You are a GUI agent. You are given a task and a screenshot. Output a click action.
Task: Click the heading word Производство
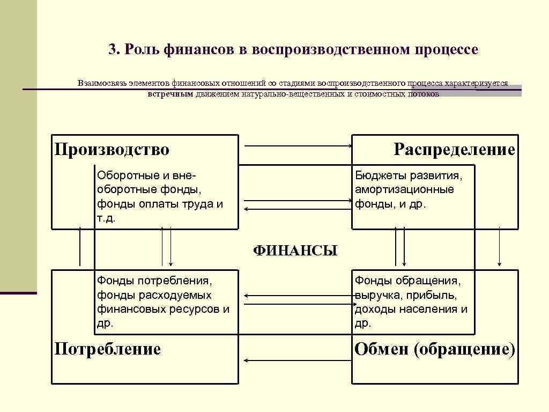click(x=112, y=149)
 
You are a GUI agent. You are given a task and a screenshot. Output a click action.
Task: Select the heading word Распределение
click(x=454, y=149)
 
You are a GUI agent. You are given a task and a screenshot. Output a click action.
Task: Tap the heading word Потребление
click(x=108, y=350)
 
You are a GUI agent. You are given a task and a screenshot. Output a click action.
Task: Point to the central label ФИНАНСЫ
click(x=295, y=251)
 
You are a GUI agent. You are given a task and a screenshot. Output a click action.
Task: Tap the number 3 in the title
click(x=112, y=50)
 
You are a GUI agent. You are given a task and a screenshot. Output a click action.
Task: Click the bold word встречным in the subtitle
click(x=170, y=94)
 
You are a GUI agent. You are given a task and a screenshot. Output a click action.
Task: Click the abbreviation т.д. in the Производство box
click(x=106, y=218)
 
